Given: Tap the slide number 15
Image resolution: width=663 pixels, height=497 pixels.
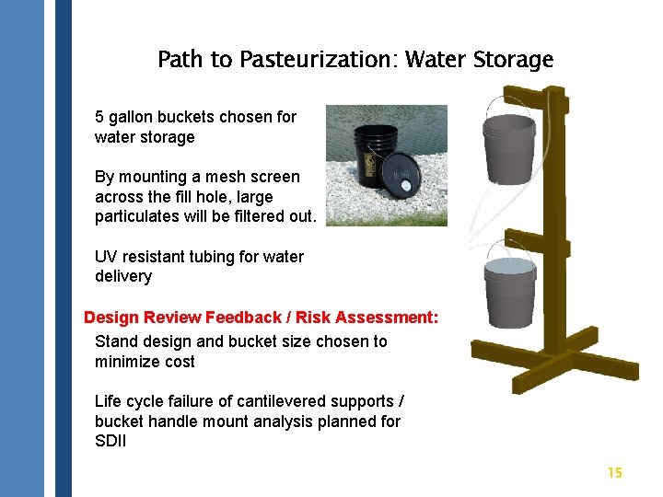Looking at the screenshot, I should (614, 472).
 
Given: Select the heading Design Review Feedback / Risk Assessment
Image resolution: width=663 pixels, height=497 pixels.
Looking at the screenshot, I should (261, 318).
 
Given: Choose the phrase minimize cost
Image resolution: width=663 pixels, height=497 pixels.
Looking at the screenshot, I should (145, 362).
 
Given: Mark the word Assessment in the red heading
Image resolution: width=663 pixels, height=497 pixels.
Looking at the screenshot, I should (386, 318).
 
